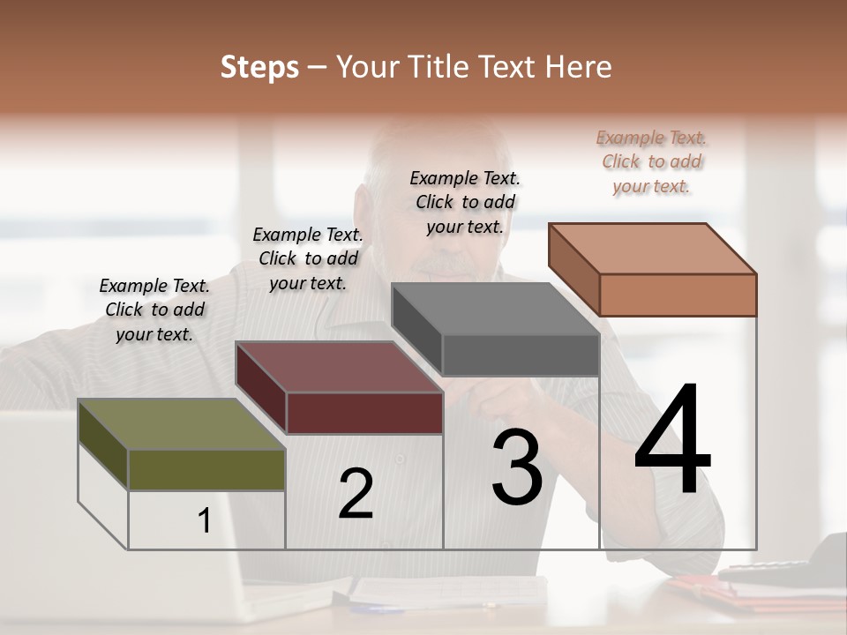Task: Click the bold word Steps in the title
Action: [259, 67]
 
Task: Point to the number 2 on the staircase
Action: [356, 494]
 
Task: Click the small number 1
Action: [204, 521]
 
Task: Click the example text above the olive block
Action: [154, 310]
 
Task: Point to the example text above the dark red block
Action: [308, 258]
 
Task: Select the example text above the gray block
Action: [465, 202]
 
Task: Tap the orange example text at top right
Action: [652, 161]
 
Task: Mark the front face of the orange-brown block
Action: [678, 295]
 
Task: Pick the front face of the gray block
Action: [521, 355]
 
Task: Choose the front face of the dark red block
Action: [364, 413]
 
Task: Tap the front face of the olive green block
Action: [206, 469]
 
